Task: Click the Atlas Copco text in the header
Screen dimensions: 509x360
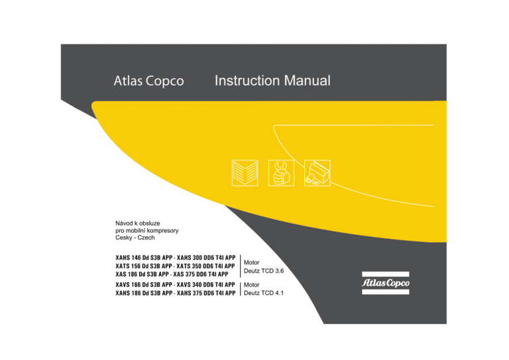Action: pyautogui.click(x=148, y=81)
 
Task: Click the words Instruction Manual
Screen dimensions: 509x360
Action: pyautogui.click(x=272, y=80)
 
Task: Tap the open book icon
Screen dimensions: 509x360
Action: pyautogui.click(x=245, y=172)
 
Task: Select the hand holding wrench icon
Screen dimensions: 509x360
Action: pyautogui.click(x=281, y=172)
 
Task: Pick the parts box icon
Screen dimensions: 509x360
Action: pyautogui.click(x=317, y=172)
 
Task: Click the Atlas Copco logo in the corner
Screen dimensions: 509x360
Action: pyautogui.click(x=386, y=282)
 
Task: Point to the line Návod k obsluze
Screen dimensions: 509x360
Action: pyautogui.click(x=138, y=223)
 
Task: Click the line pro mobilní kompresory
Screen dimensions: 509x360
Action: pyautogui.click(x=147, y=231)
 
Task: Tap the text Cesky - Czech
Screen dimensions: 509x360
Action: pyautogui.click(x=135, y=237)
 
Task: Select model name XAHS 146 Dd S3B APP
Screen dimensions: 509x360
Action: pyautogui.click(x=144, y=258)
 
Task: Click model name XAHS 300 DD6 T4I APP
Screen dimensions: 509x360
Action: pyautogui.click(x=206, y=258)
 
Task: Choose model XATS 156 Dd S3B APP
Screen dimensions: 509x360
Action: pyautogui.click(x=143, y=266)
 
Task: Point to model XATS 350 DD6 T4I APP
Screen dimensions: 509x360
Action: pyautogui.click(x=205, y=266)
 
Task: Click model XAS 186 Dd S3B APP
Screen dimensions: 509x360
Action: pyautogui.click(x=142, y=274)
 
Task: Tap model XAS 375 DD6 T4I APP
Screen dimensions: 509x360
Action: pyautogui.click(x=201, y=274)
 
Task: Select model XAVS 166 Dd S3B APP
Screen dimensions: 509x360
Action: pyautogui.click(x=143, y=284)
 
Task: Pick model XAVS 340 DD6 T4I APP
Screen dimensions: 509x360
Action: pyautogui.click(x=206, y=284)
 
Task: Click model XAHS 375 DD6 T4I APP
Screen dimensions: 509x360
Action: pyautogui.click(x=206, y=293)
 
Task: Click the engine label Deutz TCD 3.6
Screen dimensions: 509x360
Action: pyautogui.click(x=264, y=270)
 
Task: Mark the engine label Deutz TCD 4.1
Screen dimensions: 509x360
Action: pyautogui.click(x=264, y=293)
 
